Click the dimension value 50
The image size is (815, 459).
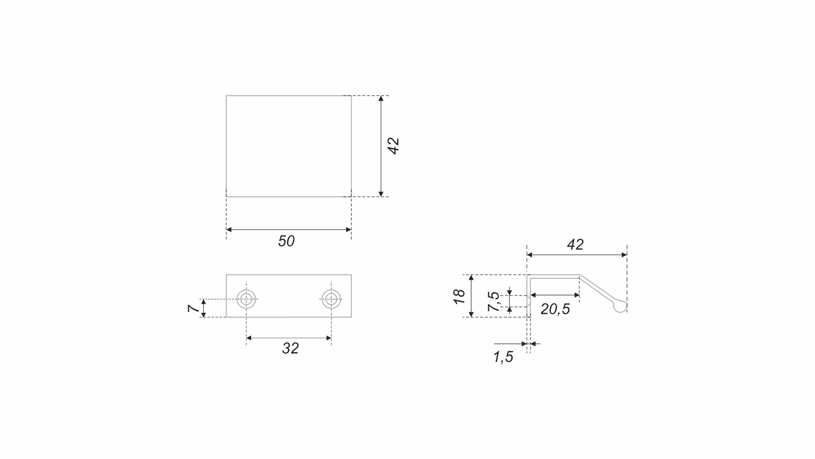click(286, 241)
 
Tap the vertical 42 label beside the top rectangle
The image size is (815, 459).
click(393, 146)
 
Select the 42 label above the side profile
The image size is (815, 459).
click(575, 244)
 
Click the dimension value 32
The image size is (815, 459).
click(290, 348)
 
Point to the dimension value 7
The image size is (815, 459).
click(194, 308)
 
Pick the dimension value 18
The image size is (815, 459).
click(459, 296)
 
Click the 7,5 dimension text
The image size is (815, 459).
click(494, 301)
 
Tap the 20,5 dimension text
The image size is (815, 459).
click(555, 309)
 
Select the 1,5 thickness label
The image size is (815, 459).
click(503, 357)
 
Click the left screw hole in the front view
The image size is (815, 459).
click(246, 299)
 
